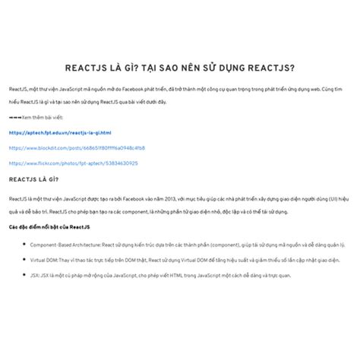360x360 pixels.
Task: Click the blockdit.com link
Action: [x=77, y=147]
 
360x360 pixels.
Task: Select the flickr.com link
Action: [x=74, y=163]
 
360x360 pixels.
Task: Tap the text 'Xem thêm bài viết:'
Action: [x=43, y=118]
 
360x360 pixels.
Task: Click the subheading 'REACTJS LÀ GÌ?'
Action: [x=33, y=180]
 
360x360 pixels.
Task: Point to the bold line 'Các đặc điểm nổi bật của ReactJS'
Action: [x=49, y=227]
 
